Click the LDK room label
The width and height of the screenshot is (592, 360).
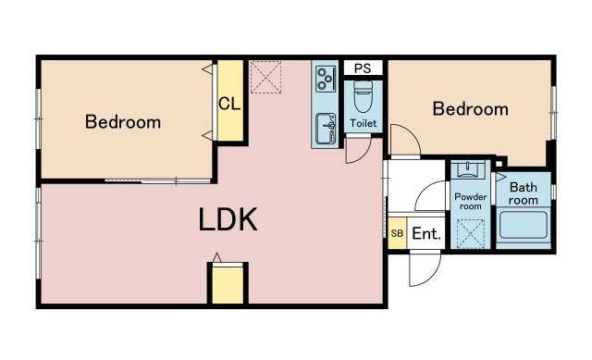pos(228,219)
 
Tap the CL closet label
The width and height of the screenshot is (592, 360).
pos(229,103)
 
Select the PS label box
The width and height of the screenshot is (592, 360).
pos(363,68)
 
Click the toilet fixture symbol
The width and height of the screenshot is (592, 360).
pos(364,97)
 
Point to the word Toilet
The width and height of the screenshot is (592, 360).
pos(364,123)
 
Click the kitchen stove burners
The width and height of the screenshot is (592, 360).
pos(327,78)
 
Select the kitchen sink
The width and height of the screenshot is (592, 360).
pos(326,129)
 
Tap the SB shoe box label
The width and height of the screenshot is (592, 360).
pos(397,233)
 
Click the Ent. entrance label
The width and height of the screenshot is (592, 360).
pos(426,234)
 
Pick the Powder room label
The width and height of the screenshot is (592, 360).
pos(471,202)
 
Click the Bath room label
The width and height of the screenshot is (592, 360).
pos(524,193)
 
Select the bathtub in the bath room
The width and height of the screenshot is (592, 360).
pos(524,225)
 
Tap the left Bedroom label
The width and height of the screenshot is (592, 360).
pos(123,121)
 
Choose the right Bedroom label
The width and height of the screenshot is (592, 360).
pos(471,109)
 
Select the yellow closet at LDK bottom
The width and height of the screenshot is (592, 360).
pos(228,285)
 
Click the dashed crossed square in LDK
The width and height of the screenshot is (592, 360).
pos(265,77)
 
